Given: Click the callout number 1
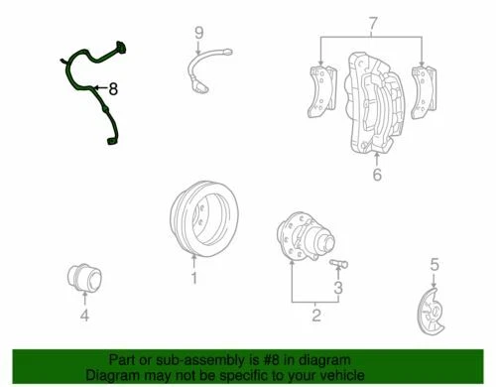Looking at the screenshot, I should tap(194, 279).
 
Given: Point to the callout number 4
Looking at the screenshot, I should tap(84, 317).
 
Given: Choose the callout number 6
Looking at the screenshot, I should tap(376, 177).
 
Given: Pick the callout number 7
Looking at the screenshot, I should tap(373, 22).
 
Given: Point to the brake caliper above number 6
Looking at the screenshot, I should tap(372, 105).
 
